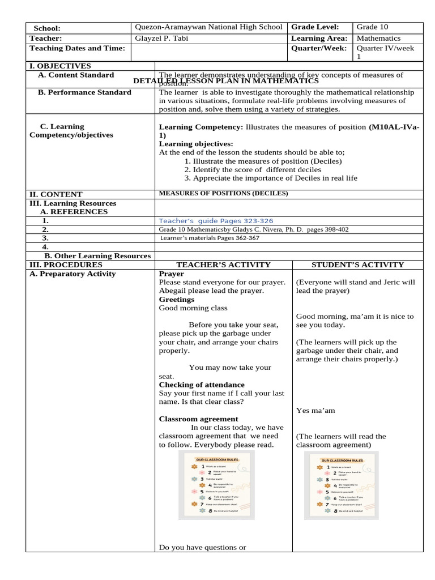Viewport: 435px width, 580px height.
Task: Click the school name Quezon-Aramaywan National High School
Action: (209, 27)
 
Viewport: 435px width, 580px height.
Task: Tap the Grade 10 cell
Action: (372, 27)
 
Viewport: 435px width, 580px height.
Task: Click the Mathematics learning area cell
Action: (378, 38)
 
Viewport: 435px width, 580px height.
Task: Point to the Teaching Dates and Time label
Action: (76, 48)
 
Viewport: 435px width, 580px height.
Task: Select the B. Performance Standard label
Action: (84, 92)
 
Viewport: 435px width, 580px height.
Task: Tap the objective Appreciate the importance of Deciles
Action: (275, 178)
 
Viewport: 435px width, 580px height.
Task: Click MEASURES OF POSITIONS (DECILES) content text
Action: (223, 193)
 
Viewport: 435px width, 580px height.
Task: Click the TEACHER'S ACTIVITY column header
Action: (223, 265)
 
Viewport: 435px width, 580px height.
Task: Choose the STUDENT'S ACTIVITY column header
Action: (357, 265)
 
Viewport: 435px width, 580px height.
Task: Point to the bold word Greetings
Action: (176, 299)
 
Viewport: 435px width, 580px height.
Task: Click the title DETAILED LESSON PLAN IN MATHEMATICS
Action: (226, 81)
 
